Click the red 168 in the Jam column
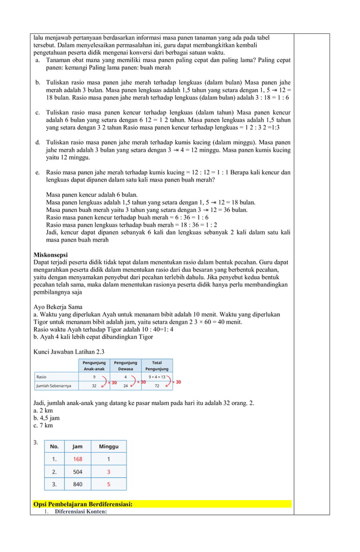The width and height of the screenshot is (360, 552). [x=77, y=459]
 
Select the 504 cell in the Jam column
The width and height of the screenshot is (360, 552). [x=77, y=471]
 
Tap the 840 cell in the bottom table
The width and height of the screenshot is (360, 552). [x=77, y=484]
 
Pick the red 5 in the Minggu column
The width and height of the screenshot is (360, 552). [x=108, y=484]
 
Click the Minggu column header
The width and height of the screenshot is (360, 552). [x=108, y=446]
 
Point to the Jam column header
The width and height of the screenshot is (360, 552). [x=77, y=446]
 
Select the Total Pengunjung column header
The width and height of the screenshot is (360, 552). [x=157, y=365]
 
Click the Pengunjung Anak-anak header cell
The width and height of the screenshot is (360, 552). [x=94, y=365]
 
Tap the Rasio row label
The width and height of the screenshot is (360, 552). [x=41, y=376]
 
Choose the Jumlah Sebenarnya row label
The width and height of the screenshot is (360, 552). [x=53, y=386]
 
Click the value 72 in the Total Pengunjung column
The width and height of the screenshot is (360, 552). [x=157, y=386]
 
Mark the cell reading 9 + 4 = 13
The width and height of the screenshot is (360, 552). [x=157, y=376]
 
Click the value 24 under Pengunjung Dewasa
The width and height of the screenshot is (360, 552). [x=125, y=386]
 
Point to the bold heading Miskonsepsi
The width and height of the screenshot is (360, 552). [x=51, y=255]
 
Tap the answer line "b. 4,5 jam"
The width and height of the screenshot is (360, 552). [x=46, y=418]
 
